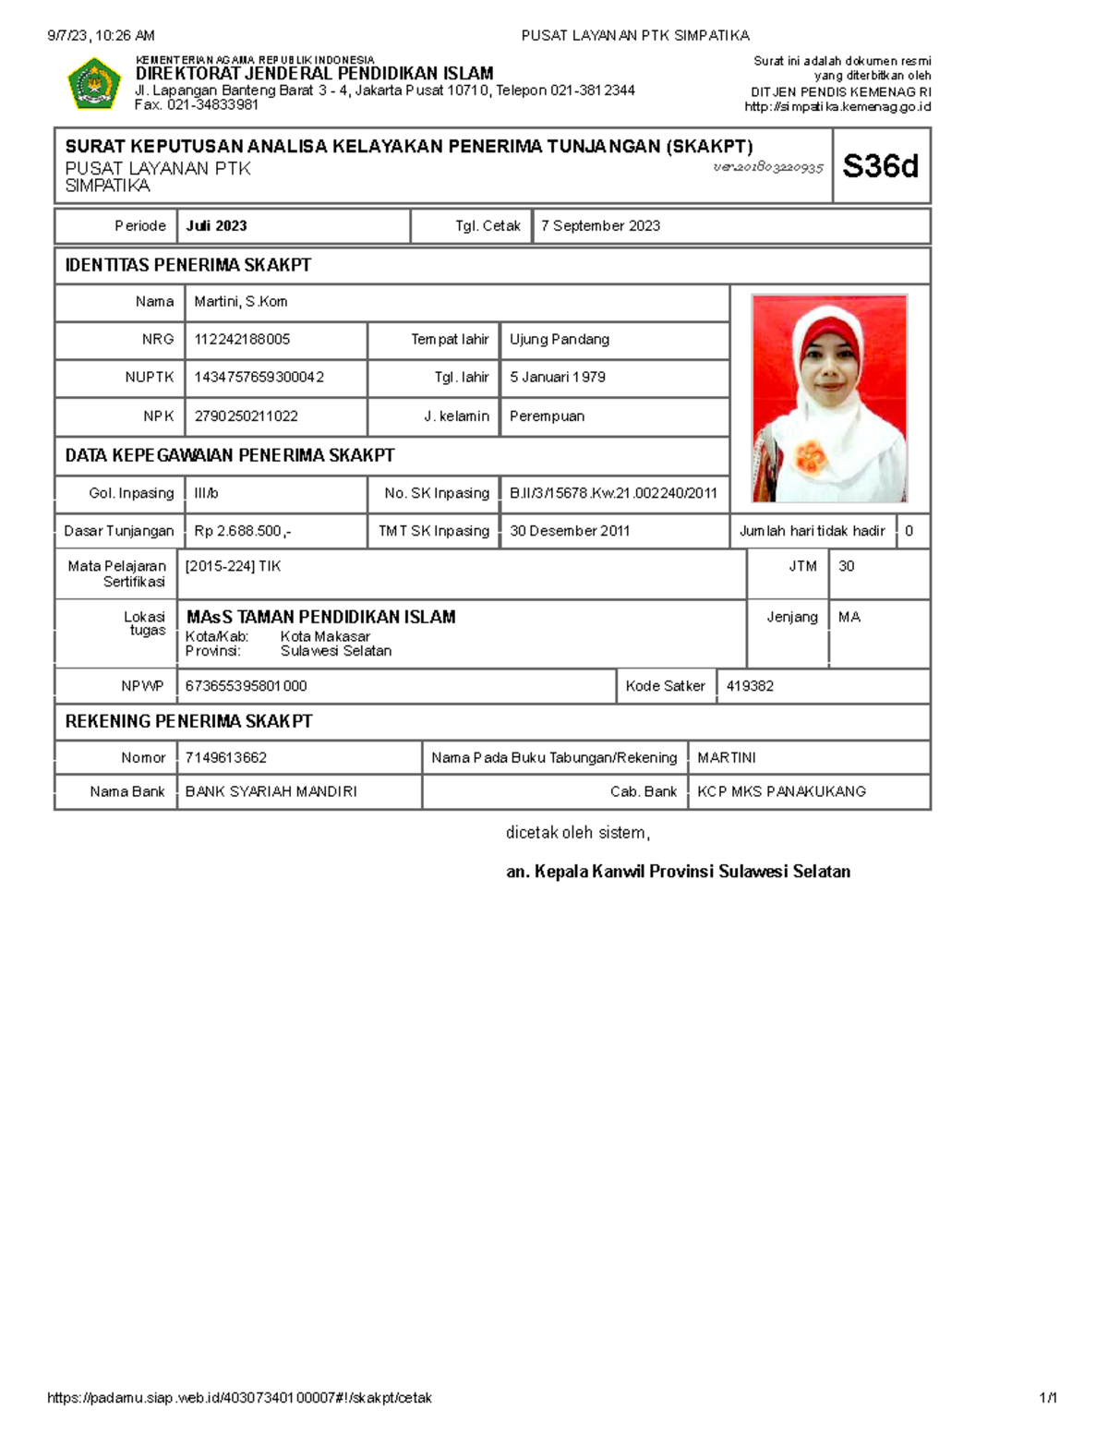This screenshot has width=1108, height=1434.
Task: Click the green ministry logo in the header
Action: (x=94, y=84)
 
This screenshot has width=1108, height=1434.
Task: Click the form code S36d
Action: (x=880, y=166)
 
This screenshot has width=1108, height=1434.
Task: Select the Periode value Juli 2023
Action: (x=216, y=226)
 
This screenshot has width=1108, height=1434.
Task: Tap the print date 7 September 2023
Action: (x=600, y=226)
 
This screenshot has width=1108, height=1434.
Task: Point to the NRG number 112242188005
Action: (x=242, y=340)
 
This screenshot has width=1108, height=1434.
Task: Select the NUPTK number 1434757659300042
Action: (x=259, y=378)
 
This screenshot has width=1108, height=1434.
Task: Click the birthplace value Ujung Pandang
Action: (x=560, y=340)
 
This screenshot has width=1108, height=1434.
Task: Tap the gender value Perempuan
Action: (x=547, y=416)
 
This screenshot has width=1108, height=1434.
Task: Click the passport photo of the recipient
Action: (x=829, y=398)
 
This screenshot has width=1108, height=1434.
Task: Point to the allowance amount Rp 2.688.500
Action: (x=242, y=531)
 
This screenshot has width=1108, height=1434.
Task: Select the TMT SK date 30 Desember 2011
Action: (x=570, y=531)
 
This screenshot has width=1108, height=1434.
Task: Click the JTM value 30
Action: (x=846, y=566)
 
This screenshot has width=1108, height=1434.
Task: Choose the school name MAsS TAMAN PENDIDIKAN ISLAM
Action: (x=320, y=617)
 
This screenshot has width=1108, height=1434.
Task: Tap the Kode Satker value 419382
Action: (x=750, y=686)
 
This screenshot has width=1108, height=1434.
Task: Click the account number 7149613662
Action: (x=226, y=758)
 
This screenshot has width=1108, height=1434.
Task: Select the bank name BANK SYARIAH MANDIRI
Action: (x=271, y=792)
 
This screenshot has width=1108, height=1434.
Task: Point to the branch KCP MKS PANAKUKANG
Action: (x=781, y=792)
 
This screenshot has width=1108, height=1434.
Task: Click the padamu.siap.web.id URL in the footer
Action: (x=239, y=1398)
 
